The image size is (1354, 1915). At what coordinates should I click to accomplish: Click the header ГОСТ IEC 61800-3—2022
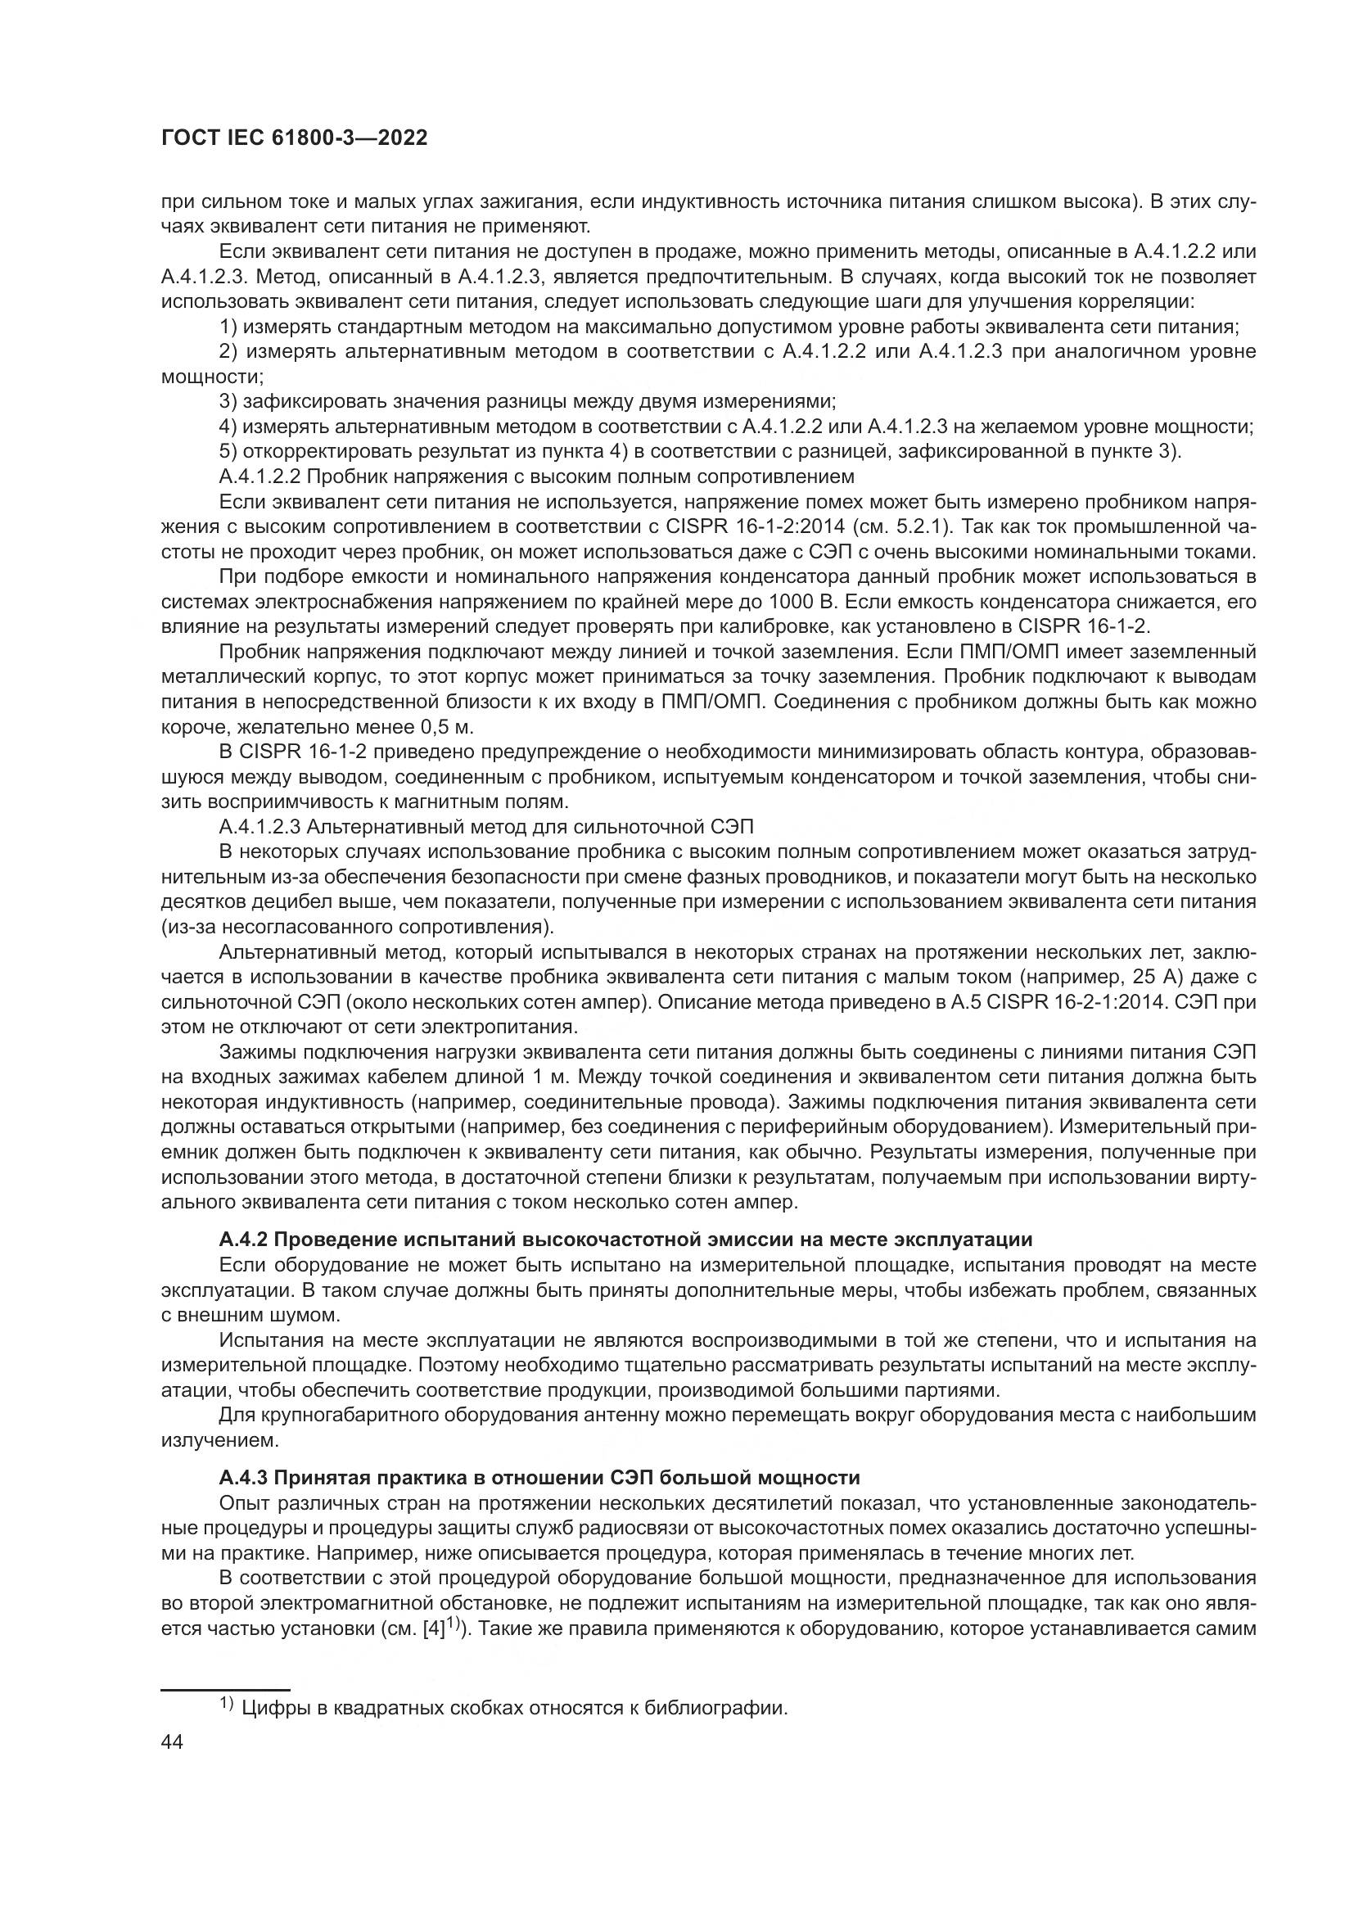[294, 138]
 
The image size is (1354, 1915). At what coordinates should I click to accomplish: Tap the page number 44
[172, 1742]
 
